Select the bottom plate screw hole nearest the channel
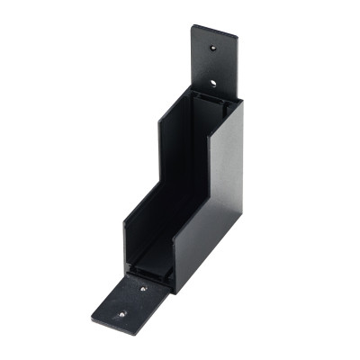click(143, 290)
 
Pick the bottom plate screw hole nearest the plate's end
click(123, 315)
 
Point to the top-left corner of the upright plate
click(192, 26)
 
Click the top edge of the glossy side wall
click(229, 103)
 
